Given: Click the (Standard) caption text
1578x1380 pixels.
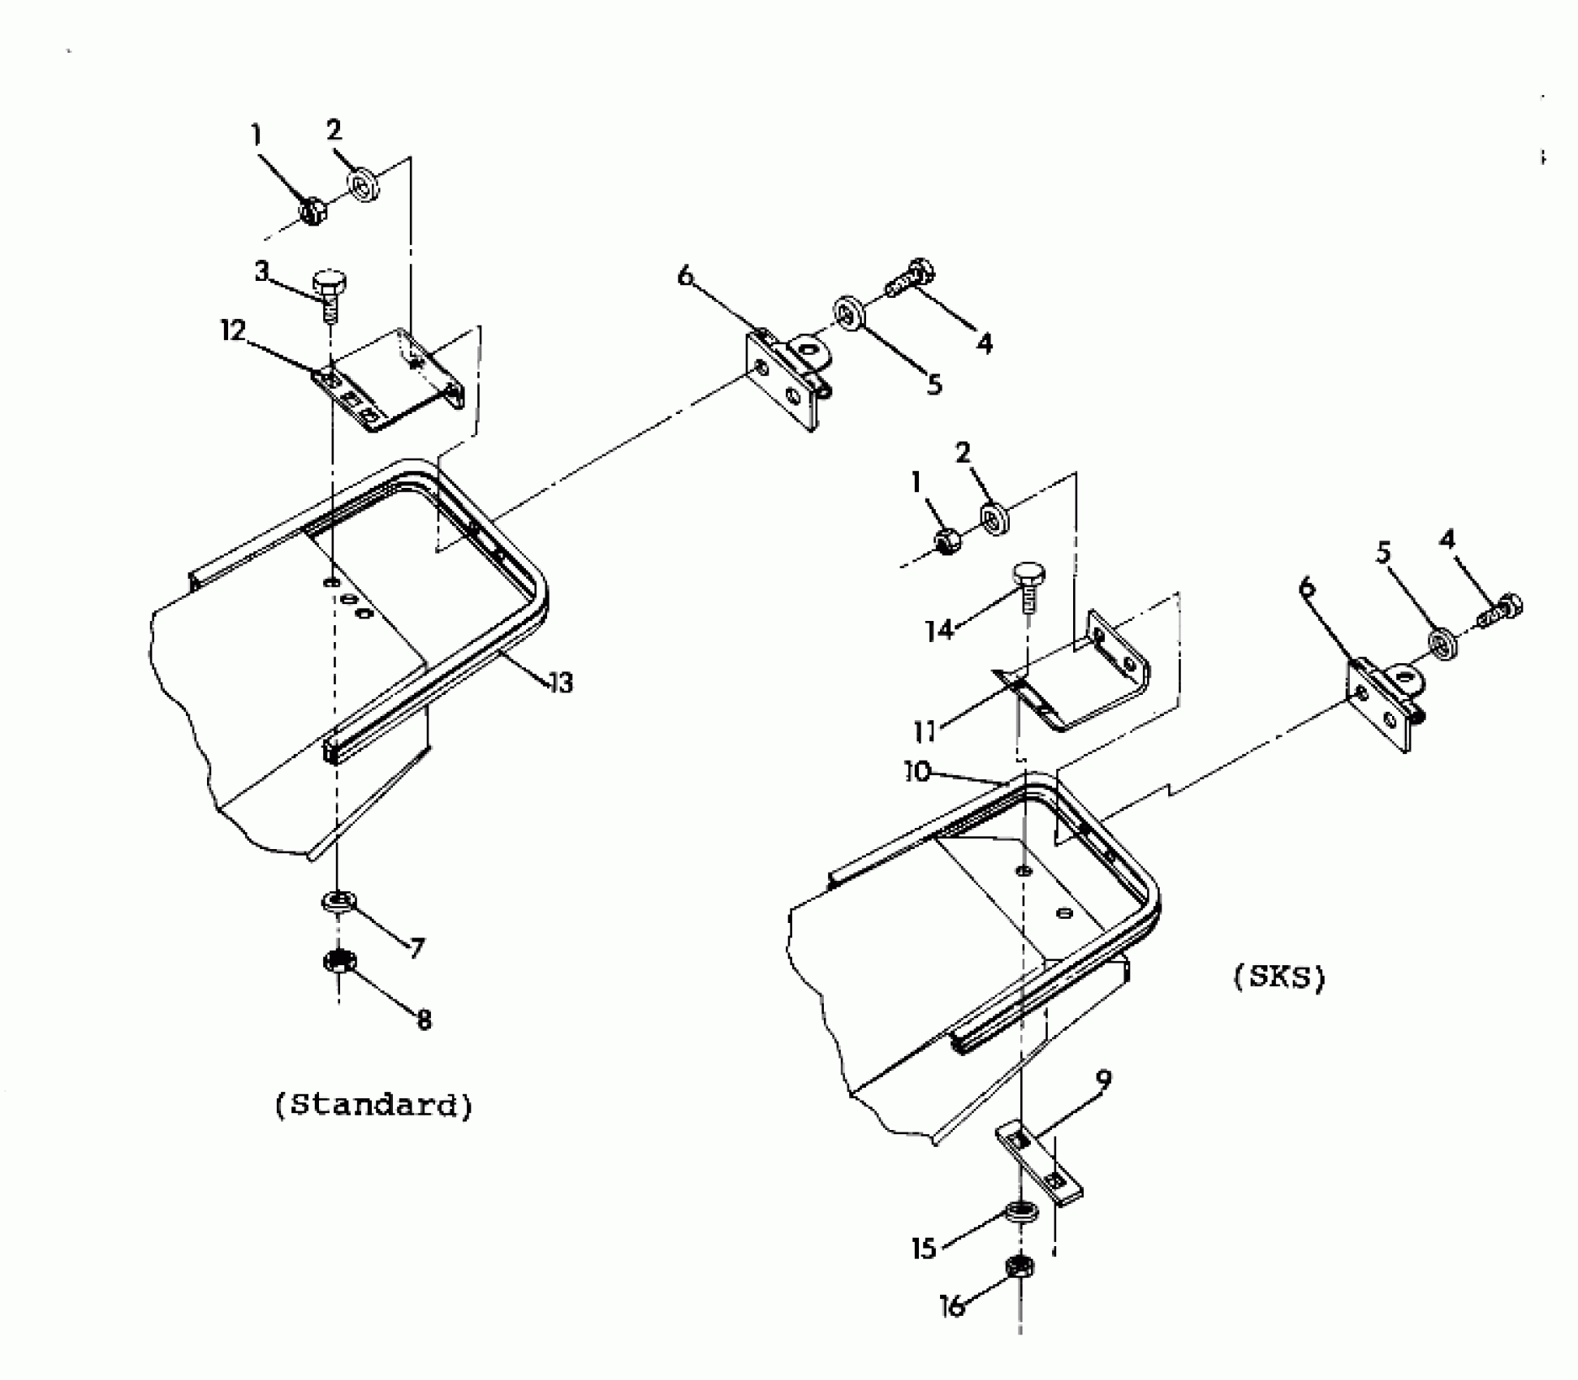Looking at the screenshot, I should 373,1106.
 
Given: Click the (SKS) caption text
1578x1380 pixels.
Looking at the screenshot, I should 1279,977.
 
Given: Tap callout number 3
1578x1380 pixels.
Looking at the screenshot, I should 261,271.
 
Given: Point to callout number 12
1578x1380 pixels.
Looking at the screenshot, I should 233,330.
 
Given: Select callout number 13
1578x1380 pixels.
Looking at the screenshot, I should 560,683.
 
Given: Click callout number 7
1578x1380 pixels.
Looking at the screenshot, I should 417,947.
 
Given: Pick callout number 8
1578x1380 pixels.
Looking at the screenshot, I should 424,1020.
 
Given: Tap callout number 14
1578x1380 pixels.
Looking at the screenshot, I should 940,630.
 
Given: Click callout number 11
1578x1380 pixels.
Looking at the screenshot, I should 925,732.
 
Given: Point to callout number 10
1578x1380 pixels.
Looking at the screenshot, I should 917,772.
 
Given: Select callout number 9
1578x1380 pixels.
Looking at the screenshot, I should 1102,1080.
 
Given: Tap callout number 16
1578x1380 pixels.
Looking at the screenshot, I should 952,1306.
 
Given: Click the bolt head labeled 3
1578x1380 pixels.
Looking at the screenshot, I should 328,284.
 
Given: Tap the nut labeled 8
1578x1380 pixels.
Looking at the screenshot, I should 338,961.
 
